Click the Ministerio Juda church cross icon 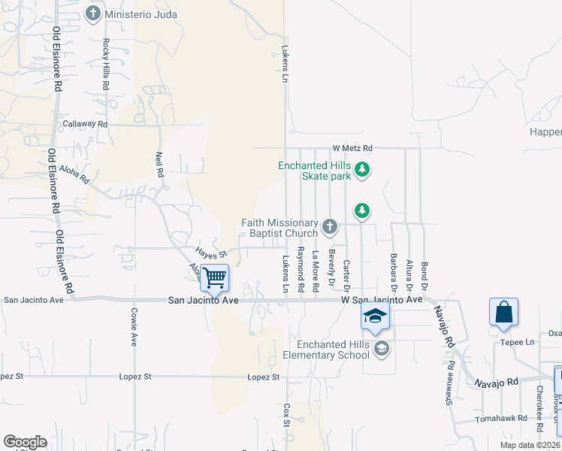coord(93,13)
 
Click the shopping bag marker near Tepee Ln coord(503,311)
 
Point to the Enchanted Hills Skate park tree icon coord(362,170)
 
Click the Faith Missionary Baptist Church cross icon coord(329,226)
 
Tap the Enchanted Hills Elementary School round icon coord(382,348)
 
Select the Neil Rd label coord(159,166)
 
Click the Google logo coord(25,442)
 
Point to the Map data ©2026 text coord(528,445)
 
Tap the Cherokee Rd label coord(539,407)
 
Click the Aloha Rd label coord(74,175)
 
